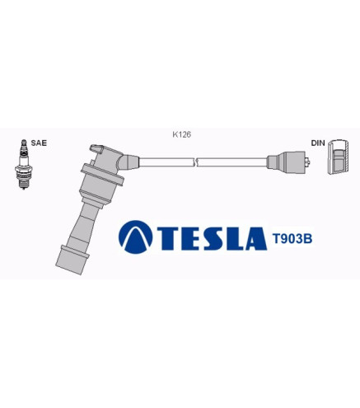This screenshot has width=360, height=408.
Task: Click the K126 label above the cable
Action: (181, 134)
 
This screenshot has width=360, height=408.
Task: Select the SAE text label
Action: (39, 143)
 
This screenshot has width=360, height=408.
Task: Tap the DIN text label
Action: (318, 143)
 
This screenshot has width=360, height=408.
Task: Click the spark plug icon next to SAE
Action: (24, 164)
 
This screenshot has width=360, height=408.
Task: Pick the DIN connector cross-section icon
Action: (338, 157)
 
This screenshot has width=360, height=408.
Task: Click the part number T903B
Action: (292, 239)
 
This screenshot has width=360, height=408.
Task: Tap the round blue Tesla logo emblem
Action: (135, 237)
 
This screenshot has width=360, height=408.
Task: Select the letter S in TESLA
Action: (214, 238)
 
